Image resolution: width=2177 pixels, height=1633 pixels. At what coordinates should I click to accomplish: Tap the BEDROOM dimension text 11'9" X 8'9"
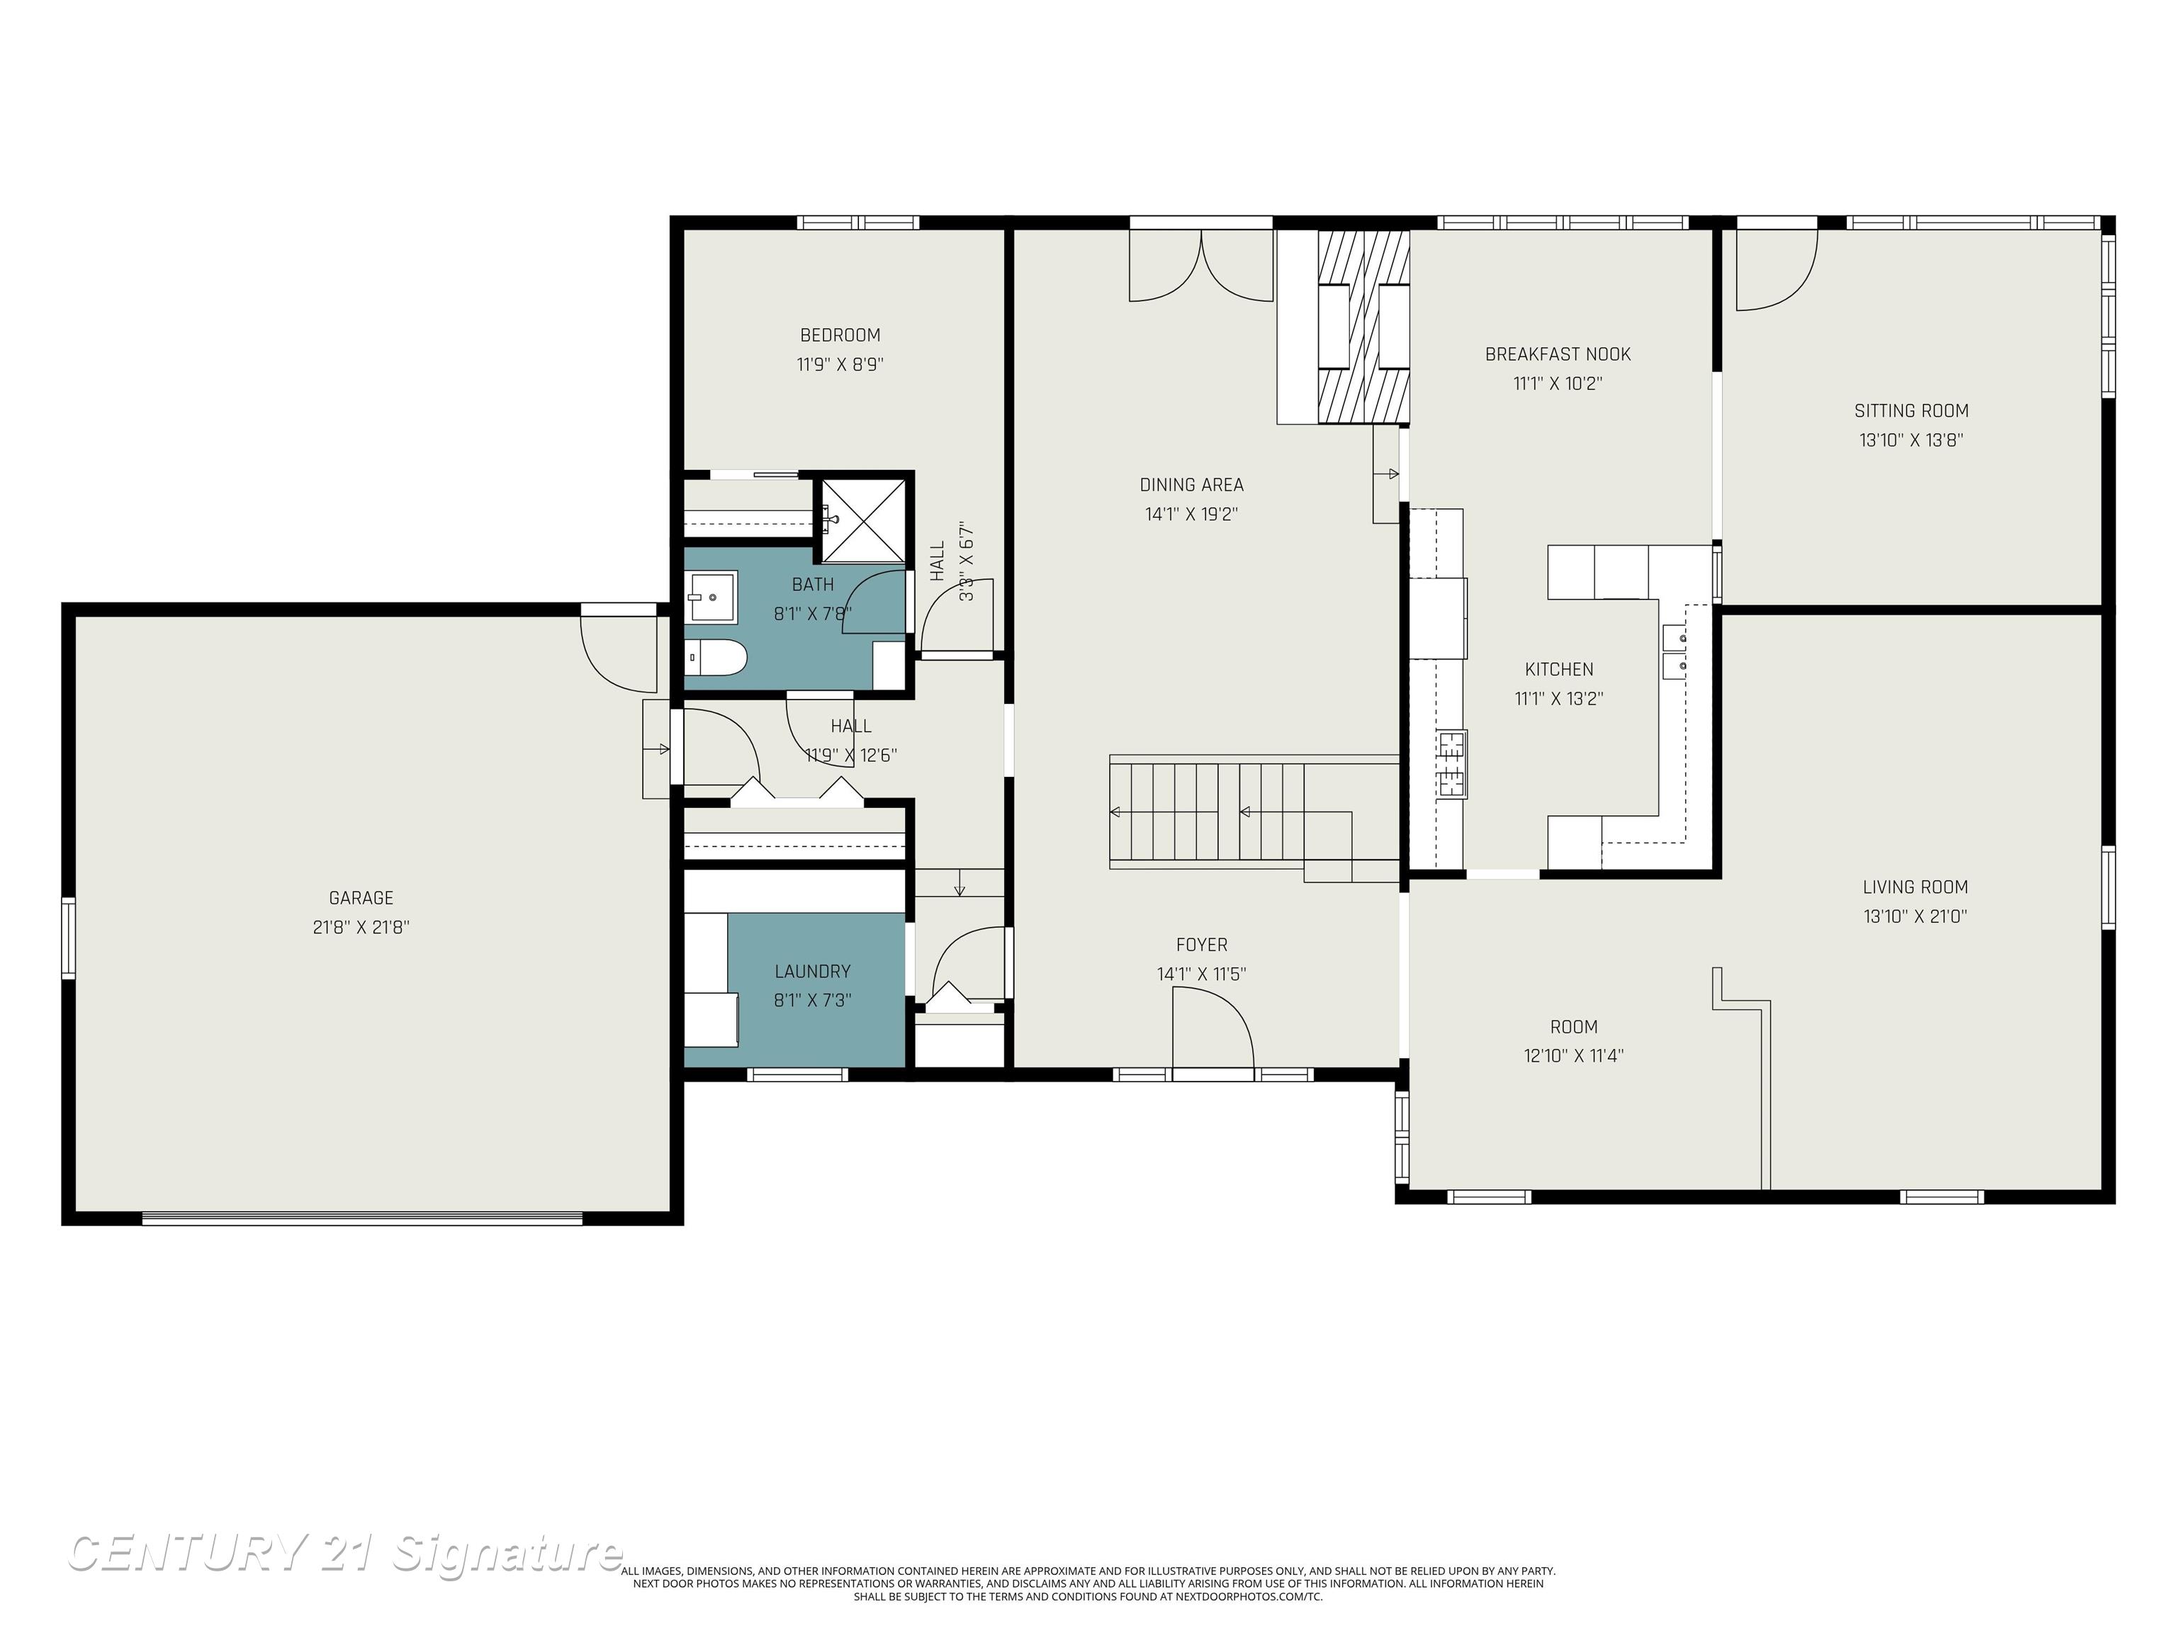(840, 364)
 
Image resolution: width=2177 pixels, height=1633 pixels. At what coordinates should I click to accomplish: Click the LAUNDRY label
(812, 972)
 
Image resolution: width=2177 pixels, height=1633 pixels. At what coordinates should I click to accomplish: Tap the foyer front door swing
(1212, 1028)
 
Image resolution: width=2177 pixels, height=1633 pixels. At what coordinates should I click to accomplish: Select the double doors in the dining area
(1200, 266)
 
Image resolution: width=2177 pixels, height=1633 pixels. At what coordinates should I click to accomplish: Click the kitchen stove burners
(1451, 763)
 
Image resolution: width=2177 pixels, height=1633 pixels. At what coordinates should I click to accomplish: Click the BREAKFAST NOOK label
(1557, 354)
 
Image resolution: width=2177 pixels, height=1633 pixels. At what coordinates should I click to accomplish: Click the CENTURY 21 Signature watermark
(344, 1554)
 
